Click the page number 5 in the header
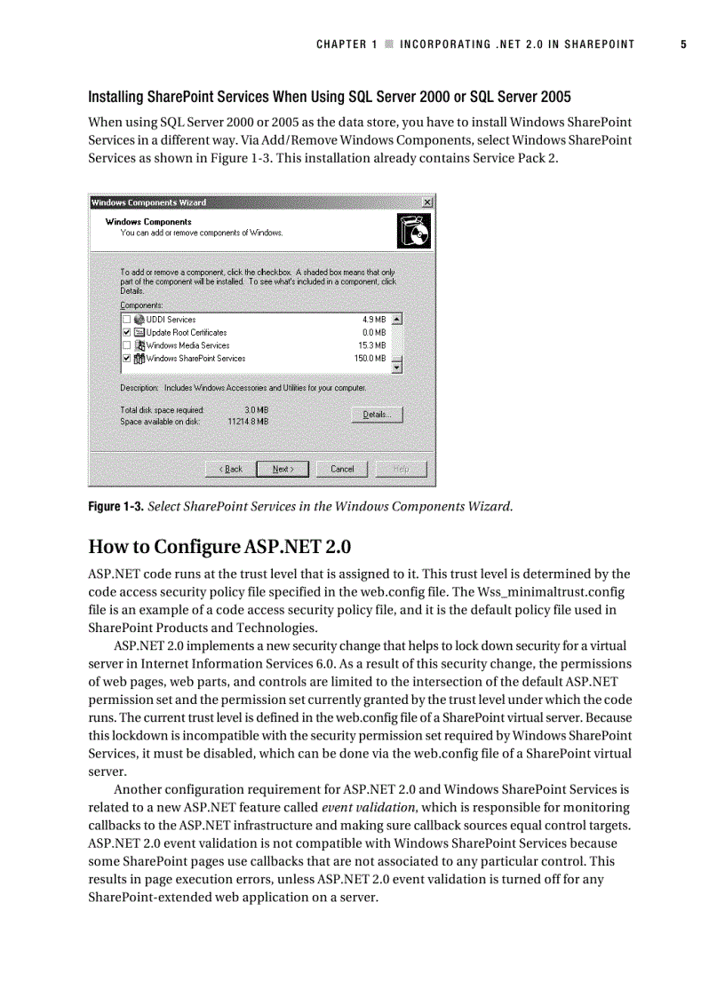tap(683, 44)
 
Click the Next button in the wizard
tap(283, 469)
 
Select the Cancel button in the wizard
tap(342, 469)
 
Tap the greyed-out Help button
tap(401, 469)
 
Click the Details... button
tap(377, 415)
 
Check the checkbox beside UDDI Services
tap(127, 320)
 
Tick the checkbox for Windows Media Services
tap(127, 345)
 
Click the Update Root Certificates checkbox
tap(127, 332)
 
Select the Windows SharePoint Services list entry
tap(195, 359)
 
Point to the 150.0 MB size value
tap(370, 359)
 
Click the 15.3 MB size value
tap(372, 345)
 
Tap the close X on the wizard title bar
tap(427, 202)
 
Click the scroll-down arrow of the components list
tap(397, 367)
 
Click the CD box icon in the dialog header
tap(413, 233)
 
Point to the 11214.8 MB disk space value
tap(248, 422)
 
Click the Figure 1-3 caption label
tap(115, 507)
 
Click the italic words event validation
tap(367, 807)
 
